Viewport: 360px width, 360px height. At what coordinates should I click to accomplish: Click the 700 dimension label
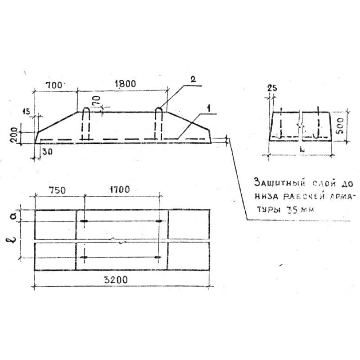click(55, 84)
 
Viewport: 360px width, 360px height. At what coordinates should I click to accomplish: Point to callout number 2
click(193, 80)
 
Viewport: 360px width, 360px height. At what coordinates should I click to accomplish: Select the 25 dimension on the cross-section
click(271, 88)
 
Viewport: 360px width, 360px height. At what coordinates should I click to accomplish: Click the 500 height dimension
click(341, 126)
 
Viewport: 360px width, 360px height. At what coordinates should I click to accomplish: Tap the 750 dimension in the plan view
click(58, 190)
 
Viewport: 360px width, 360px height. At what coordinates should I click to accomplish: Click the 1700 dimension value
click(119, 190)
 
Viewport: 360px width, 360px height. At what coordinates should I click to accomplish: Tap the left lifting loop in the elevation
click(85, 125)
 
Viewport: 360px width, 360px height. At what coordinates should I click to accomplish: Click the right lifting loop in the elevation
click(159, 125)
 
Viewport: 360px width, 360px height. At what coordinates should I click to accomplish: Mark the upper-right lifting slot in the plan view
click(157, 221)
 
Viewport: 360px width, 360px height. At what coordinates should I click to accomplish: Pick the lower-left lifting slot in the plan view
click(85, 257)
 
